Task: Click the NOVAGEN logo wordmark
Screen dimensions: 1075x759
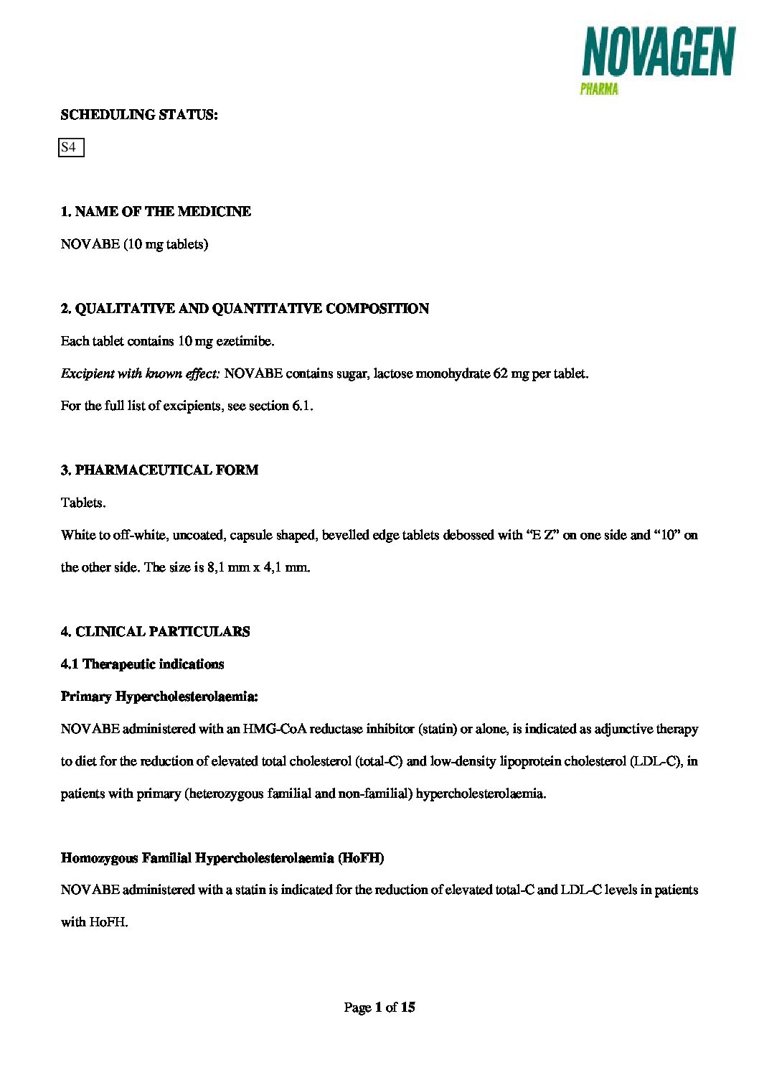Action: pyautogui.click(x=658, y=52)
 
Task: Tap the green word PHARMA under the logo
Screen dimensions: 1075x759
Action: pyautogui.click(x=599, y=90)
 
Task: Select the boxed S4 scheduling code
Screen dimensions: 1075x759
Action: pyautogui.click(x=70, y=147)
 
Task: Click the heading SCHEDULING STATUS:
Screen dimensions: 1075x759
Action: pyautogui.click(x=139, y=115)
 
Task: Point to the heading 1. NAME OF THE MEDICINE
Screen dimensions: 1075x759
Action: pyautogui.click(x=156, y=212)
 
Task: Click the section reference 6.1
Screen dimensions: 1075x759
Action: pyautogui.click(x=302, y=406)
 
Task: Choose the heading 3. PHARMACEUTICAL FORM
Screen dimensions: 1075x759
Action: pyautogui.click(x=159, y=470)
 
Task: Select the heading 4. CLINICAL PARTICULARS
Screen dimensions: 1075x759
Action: pyautogui.click(x=155, y=632)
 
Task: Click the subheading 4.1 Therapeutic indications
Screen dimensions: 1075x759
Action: pyautogui.click(x=142, y=664)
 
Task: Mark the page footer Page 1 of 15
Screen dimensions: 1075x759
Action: pyautogui.click(x=379, y=1007)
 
